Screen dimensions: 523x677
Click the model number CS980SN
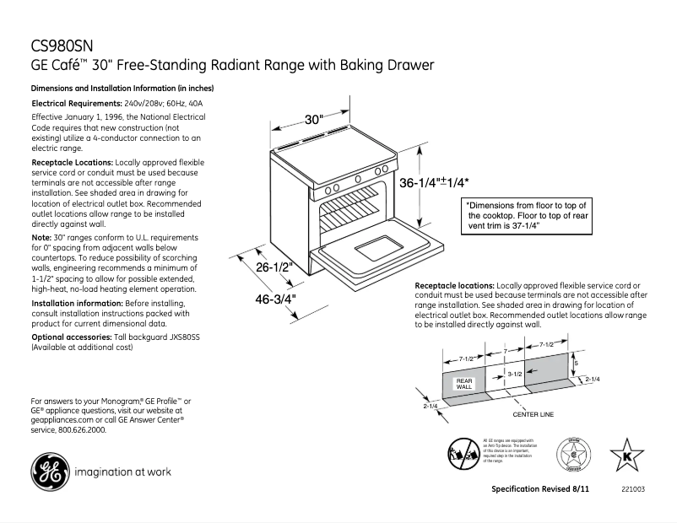(x=60, y=47)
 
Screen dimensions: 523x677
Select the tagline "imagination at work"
(x=122, y=472)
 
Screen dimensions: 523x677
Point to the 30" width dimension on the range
(x=314, y=119)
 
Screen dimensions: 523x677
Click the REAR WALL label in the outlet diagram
(x=465, y=384)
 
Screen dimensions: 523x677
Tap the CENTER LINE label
(x=533, y=415)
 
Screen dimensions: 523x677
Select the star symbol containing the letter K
(x=626, y=454)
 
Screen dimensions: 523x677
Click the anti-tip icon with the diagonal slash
(x=463, y=455)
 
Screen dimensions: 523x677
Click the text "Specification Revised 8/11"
(x=540, y=490)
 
